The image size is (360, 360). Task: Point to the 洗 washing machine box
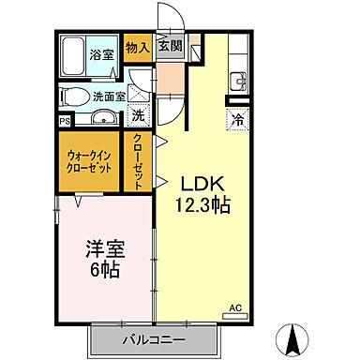pos(137,116)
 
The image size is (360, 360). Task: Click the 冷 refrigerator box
pos(236,119)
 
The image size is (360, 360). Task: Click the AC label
pos(236,307)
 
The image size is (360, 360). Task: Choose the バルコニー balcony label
pos(154,338)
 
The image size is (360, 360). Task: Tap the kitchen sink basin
pos(238,80)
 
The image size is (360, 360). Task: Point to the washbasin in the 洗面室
pos(103,117)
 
